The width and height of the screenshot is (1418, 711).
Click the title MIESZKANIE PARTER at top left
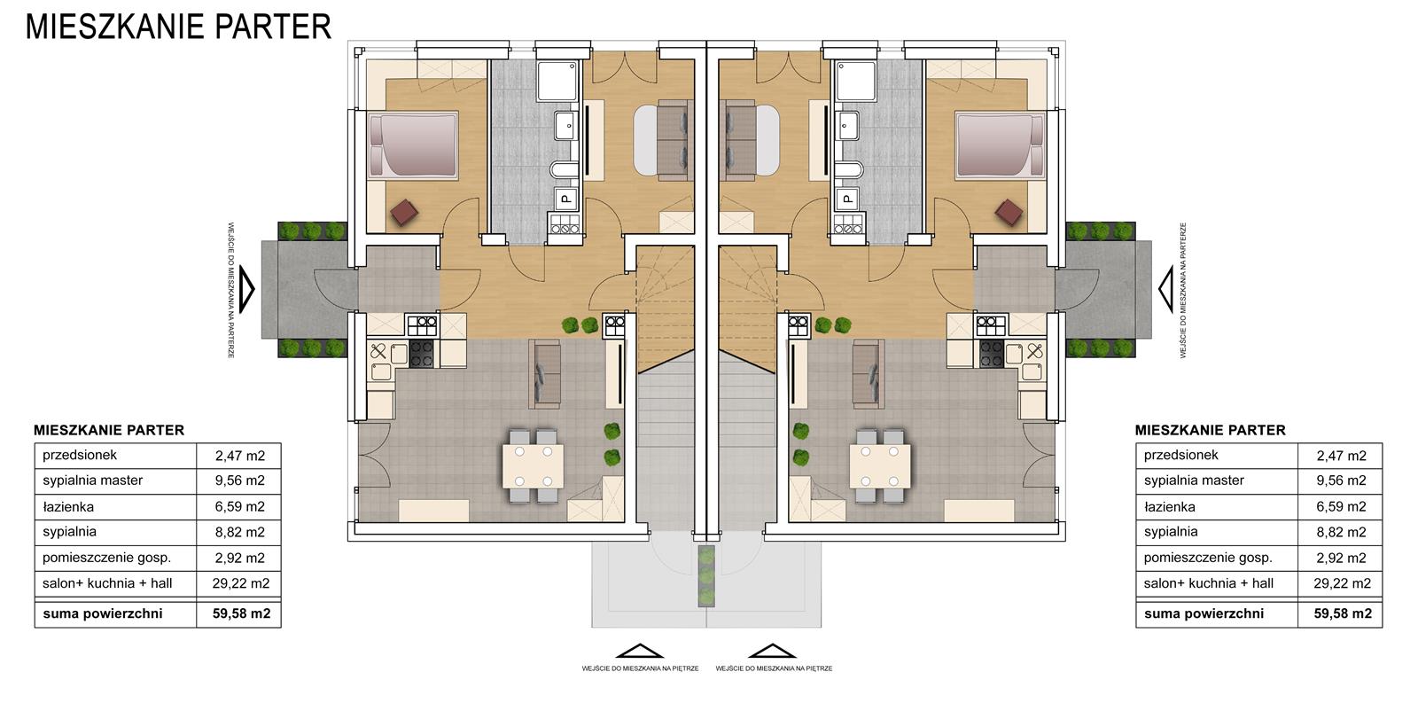(x=178, y=27)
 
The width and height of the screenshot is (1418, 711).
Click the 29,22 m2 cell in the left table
(x=240, y=583)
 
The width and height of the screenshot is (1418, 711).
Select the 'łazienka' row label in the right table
(x=1169, y=506)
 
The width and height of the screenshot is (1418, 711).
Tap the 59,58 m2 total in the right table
(x=1343, y=613)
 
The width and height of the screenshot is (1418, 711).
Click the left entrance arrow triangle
(x=247, y=289)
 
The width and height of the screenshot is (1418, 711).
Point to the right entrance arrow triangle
(x=1166, y=289)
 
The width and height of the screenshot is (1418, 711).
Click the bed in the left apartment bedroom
(x=413, y=145)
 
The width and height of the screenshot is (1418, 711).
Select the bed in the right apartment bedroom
(x=1001, y=145)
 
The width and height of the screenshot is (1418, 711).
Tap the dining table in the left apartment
(x=533, y=466)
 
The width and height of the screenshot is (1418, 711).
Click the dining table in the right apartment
(x=880, y=466)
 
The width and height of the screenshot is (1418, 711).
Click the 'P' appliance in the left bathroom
(x=566, y=199)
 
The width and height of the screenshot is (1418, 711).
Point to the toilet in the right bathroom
(x=849, y=169)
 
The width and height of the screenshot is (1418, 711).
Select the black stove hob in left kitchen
(x=422, y=354)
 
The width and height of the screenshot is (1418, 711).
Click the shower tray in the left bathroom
(x=557, y=81)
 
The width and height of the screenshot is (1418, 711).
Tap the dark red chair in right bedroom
(x=1009, y=212)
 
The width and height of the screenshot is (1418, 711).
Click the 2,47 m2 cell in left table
(x=240, y=455)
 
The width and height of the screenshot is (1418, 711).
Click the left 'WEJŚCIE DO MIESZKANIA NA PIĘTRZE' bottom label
(x=640, y=668)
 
